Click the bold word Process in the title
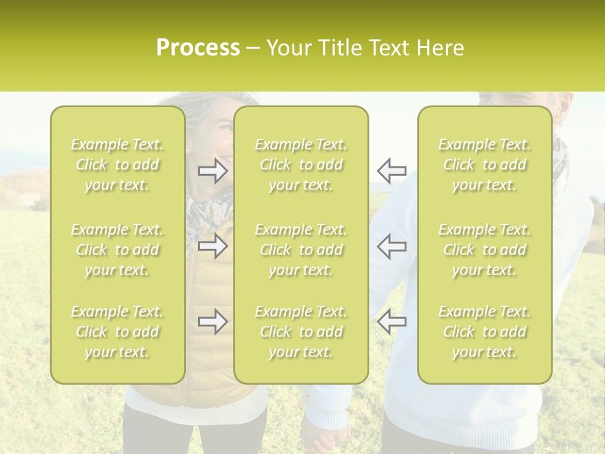[198, 48]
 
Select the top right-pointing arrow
[213, 171]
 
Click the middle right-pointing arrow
[213, 246]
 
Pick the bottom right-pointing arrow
[213, 322]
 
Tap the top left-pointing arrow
[391, 171]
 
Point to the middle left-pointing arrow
[391, 246]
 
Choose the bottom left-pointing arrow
[391, 322]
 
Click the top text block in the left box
[117, 165]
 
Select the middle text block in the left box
[117, 250]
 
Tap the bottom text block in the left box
[117, 332]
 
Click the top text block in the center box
[301, 165]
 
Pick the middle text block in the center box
[301, 250]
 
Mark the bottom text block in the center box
[301, 332]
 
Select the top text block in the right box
[484, 165]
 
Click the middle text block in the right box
[484, 250]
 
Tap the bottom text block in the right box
[484, 332]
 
